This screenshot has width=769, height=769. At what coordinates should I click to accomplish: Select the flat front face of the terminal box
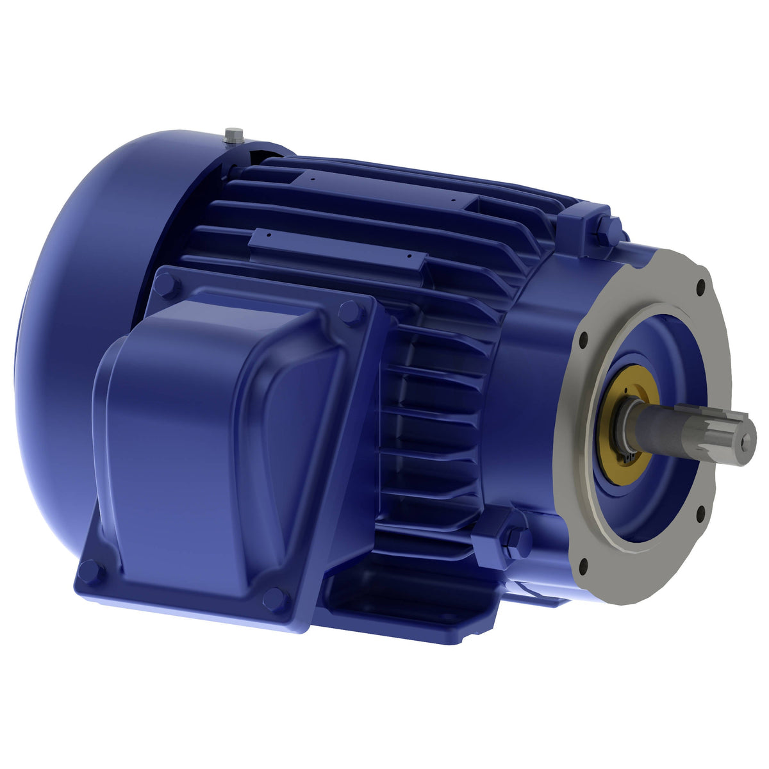192,449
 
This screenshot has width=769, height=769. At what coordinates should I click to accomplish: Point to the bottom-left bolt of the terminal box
90,570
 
